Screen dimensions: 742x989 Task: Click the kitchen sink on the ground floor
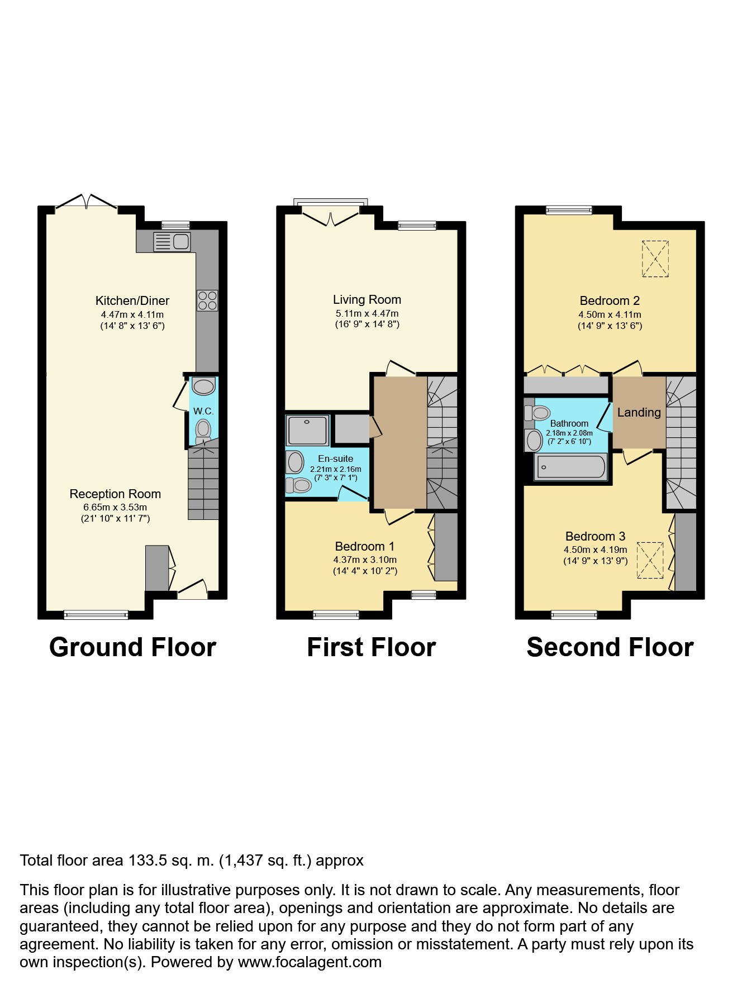click(172, 242)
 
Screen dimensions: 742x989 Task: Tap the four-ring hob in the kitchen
click(207, 300)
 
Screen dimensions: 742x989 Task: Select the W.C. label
click(203, 411)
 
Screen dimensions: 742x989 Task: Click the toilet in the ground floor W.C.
click(203, 431)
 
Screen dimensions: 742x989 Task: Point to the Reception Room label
click(115, 494)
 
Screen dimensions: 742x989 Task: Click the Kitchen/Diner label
click(132, 300)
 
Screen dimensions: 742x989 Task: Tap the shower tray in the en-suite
click(307, 430)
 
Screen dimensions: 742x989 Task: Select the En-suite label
click(335, 458)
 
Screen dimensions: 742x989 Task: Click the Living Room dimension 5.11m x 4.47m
click(367, 314)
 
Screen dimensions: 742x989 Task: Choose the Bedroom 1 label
click(365, 547)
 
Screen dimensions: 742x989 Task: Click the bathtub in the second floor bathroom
click(570, 467)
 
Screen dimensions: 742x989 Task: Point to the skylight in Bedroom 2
click(655, 259)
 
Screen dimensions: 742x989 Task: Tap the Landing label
click(639, 413)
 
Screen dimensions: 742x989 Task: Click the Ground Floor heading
click(133, 648)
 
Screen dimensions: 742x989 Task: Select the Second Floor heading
click(610, 648)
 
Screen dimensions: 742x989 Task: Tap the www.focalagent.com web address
click(310, 962)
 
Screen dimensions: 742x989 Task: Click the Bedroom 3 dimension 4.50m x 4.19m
click(596, 550)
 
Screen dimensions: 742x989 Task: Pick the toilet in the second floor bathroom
click(537, 413)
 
